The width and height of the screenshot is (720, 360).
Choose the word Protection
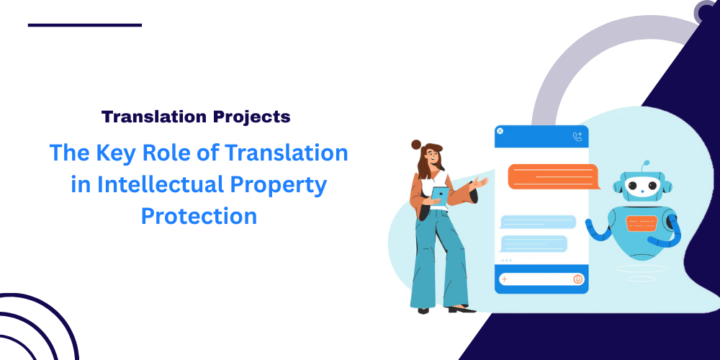[199, 216]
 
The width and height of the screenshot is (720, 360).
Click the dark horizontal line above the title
[85, 25]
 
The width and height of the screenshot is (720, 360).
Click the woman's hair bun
[416, 145]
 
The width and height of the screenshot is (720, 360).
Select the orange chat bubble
[554, 176]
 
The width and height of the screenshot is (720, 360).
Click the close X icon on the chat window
[500, 131]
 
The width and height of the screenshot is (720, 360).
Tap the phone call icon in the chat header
[577, 136]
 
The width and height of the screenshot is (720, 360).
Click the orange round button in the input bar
[577, 279]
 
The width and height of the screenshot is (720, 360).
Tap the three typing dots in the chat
[506, 261]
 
